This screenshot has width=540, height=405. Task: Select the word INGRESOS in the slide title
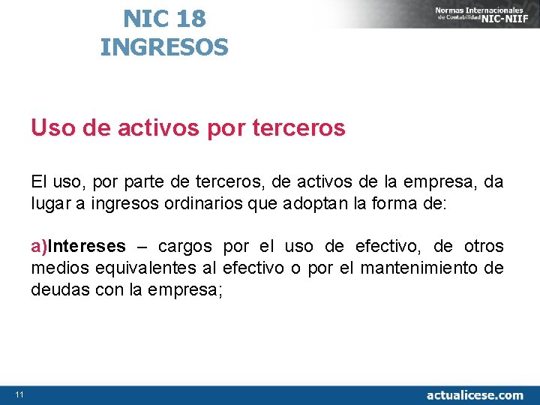point(164,48)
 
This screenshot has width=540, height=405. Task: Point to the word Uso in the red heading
point(51,129)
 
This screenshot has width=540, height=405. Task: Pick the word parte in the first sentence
point(127,182)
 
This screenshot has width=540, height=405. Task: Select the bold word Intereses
point(87,247)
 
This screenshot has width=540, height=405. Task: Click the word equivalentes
point(147,268)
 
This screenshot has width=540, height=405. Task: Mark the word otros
point(483,247)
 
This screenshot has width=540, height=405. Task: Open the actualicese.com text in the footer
point(475,394)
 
